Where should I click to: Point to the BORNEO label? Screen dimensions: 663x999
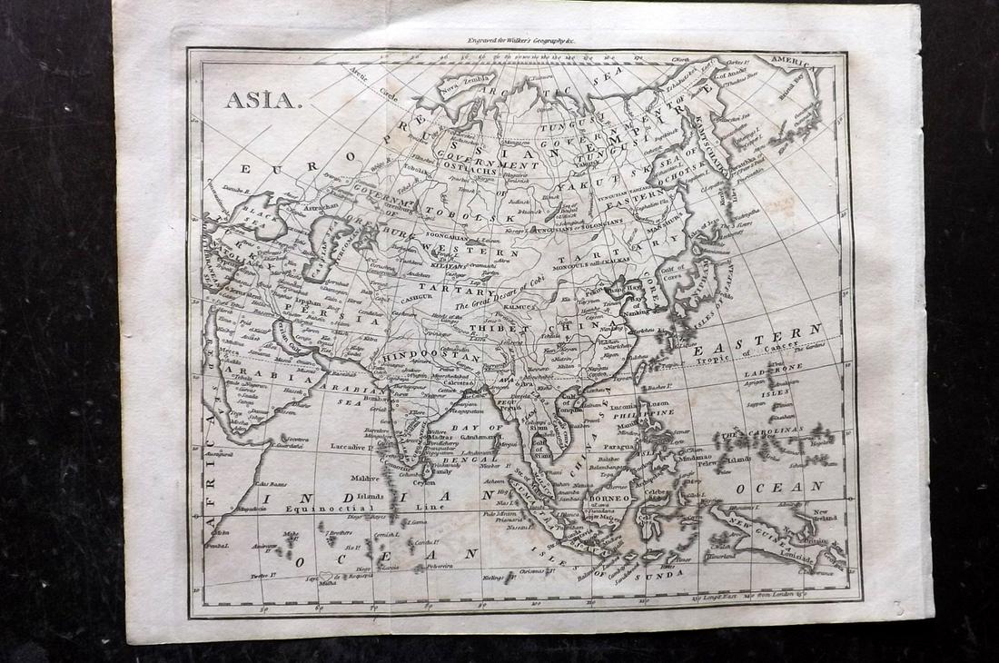point(608,499)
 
